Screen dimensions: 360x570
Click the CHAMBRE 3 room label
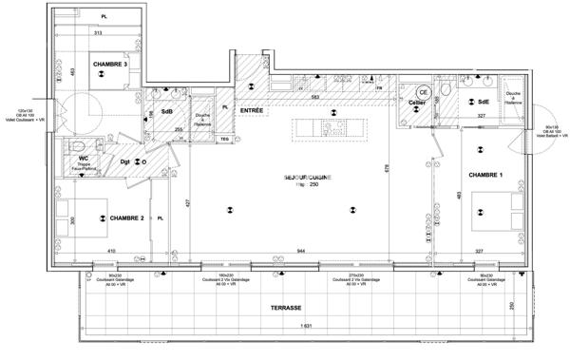[x=111, y=65]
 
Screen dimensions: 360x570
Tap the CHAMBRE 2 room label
[x=125, y=218]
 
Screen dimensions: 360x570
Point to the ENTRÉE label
[x=252, y=111]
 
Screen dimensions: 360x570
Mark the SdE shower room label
[x=483, y=102]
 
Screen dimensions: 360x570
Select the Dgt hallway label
[x=124, y=161]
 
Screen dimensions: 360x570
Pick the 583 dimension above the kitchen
[x=314, y=97]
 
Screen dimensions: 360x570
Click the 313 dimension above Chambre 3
[x=97, y=33]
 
